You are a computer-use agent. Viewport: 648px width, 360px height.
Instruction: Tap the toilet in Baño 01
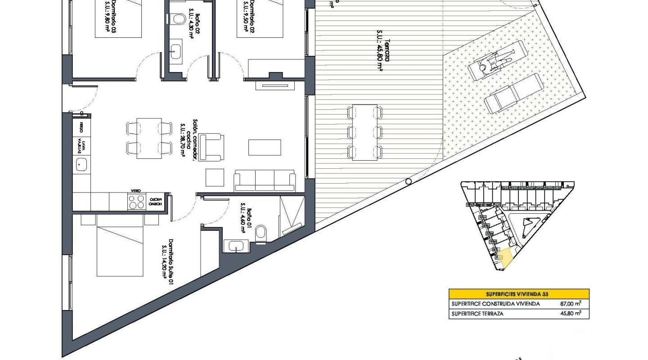261,234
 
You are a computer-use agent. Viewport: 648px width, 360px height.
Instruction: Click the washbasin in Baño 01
235,246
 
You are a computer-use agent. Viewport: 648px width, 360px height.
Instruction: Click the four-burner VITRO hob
137,202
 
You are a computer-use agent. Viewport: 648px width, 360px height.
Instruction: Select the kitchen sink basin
82,165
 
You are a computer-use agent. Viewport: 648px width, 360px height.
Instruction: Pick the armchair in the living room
211,147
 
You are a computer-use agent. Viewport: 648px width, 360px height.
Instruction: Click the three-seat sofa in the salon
264,181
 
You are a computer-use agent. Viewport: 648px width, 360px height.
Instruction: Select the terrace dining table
364,132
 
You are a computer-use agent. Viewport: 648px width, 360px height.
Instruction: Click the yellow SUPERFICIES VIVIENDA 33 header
519,294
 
